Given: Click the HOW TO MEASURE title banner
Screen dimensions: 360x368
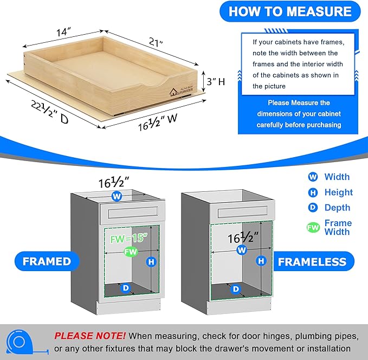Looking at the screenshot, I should pos(290,11).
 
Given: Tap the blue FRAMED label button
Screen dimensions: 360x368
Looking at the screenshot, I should pos(47,261).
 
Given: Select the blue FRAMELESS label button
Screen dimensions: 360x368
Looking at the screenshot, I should pos(312,262).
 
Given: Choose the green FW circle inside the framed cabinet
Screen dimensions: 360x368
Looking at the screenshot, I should pos(130,252).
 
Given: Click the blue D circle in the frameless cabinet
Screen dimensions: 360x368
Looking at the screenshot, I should pos(236,289).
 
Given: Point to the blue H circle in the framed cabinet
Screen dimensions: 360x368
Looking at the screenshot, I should pos(151,262).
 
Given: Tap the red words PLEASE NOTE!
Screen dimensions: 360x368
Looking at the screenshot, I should pos(90,336).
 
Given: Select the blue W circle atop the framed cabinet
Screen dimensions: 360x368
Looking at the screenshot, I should pos(116,196).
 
